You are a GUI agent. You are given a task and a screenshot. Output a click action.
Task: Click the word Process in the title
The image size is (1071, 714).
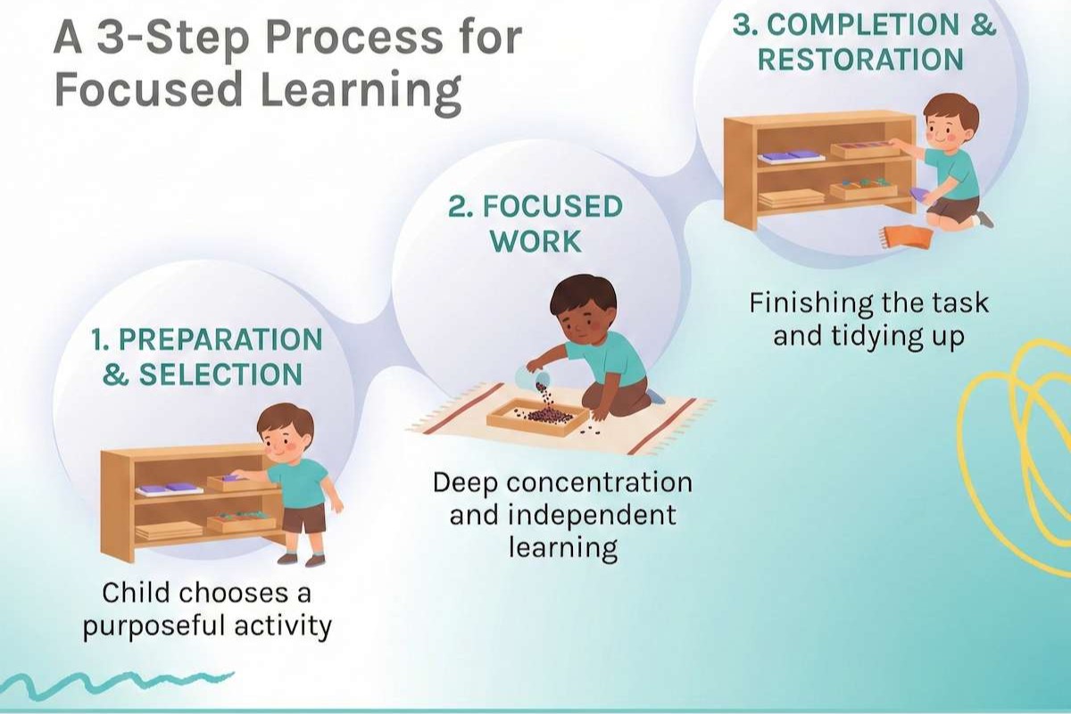pos(353,38)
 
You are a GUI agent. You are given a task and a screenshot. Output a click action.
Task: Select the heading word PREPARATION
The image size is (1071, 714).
pos(220,339)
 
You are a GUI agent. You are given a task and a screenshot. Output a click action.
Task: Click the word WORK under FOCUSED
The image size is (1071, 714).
pos(536,242)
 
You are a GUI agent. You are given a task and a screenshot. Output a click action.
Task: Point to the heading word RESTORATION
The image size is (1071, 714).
pos(860,60)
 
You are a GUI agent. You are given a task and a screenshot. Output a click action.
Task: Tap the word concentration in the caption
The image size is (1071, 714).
pos(599,483)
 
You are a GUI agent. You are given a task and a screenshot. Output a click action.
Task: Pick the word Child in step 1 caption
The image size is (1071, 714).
pos(136,593)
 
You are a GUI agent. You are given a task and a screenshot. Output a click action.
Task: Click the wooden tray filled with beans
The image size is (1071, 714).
pos(538,417)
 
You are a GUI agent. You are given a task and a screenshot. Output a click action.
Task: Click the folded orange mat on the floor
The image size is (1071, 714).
pos(906,237)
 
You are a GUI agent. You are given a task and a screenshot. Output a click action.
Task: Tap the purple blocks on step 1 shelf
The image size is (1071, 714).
pos(169,488)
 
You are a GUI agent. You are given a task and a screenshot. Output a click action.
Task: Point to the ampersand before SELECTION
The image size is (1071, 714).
pos(115,375)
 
